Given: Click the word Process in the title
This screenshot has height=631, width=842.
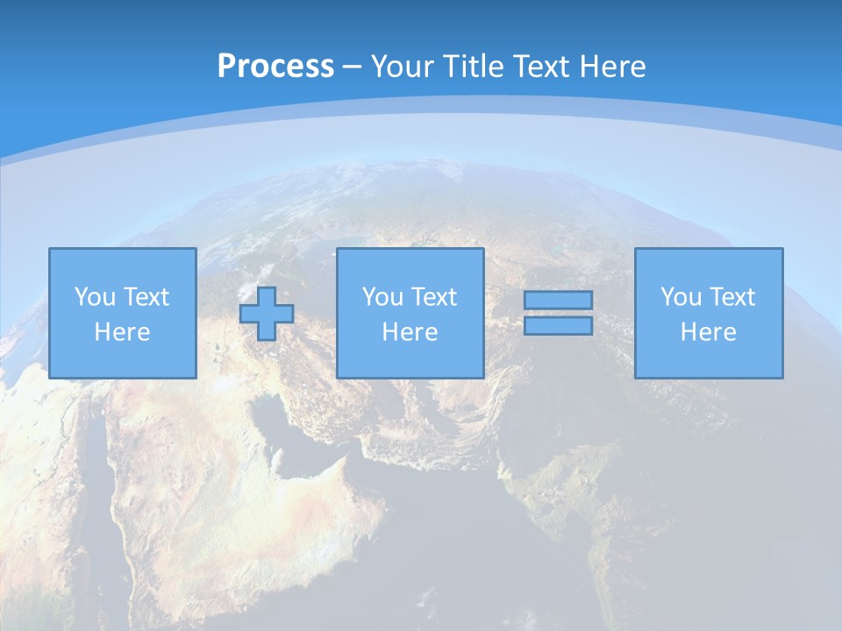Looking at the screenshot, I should [x=275, y=66].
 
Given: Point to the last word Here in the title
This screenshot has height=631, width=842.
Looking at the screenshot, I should [x=613, y=66].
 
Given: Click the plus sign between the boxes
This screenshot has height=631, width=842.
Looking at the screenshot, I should [x=267, y=314].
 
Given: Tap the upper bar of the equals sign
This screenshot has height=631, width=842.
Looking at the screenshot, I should [x=558, y=300].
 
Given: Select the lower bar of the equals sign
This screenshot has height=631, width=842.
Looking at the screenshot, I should [x=558, y=326].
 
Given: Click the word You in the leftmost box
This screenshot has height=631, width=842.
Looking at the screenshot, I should [x=95, y=297].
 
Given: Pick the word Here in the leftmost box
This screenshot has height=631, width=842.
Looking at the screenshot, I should [x=122, y=332].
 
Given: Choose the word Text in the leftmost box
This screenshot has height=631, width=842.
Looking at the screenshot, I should [x=145, y=297].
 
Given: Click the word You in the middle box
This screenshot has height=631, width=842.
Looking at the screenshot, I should [x=382, y=297].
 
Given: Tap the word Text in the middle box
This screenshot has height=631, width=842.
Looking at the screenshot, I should [x=433, y=297].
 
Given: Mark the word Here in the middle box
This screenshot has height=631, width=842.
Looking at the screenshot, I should [x=410, y=332].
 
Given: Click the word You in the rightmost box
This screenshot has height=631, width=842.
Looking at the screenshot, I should [x=681, y=297].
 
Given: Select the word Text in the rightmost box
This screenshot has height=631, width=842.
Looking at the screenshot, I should [x=731, y=297].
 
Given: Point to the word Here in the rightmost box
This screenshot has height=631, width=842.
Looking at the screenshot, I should [x=708, y=332].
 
